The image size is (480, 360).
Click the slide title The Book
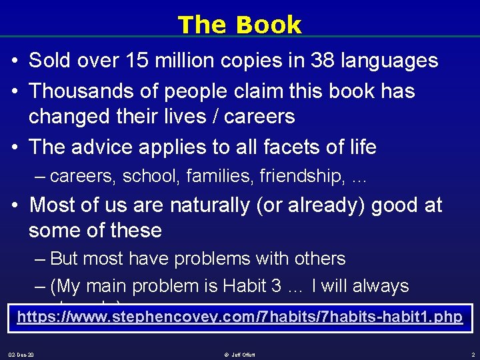[239, 25]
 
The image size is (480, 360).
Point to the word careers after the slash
[259, 116]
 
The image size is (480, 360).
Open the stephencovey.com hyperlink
[239, 317]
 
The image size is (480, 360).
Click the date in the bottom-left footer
[21, 354]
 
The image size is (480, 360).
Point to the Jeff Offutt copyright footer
[240, 354]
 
